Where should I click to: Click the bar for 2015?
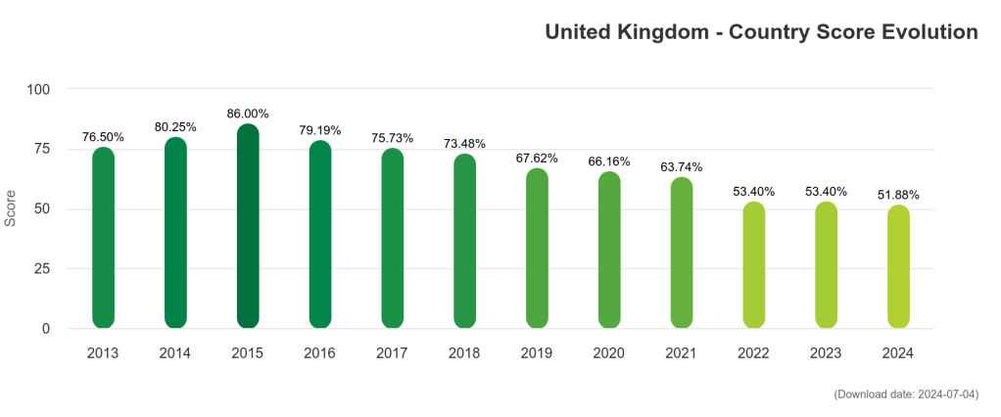tap(248, 227)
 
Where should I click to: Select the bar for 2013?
tap(103, 238)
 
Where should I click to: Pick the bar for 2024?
tap(899, 267)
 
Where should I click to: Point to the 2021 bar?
tap(682, 253)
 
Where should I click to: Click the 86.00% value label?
tap(248, 114)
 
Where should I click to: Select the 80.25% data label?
tap(175, 127)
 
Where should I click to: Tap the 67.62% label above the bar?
tap(537, 158)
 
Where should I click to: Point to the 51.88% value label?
tap(898, 195)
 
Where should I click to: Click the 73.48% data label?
tap(464, 144)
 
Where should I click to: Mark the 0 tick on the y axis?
tap(46, 329)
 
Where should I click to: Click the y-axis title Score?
tap(11, 208)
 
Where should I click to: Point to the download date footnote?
tap(906, 394)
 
